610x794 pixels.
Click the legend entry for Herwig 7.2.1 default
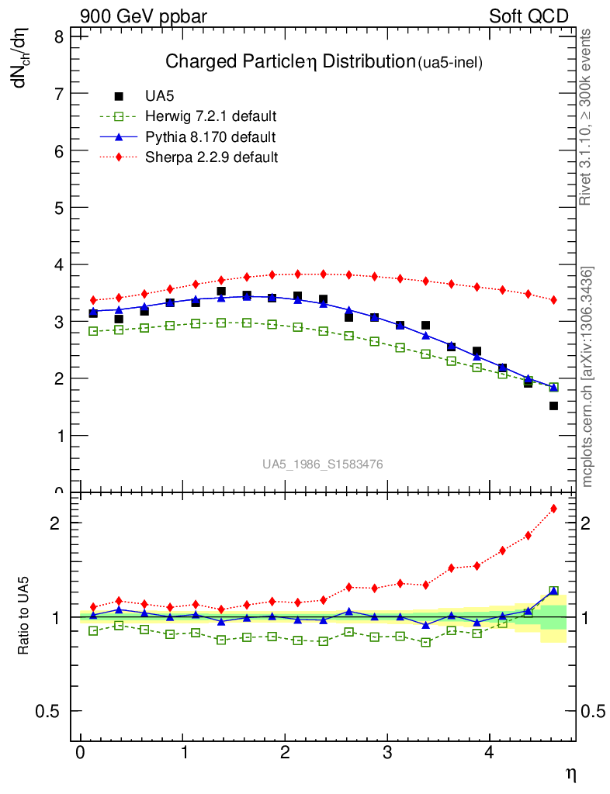pos(210,117)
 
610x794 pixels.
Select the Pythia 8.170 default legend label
pos(210,137)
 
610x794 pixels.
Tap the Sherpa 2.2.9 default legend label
pos(211,157)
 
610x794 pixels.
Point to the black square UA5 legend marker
pos(119,97)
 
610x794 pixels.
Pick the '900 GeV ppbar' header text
pos(144,16)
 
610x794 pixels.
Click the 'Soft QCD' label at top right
pos(529,16)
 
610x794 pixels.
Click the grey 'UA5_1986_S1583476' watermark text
pos(322,464)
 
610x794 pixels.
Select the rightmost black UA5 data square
pos(553,406)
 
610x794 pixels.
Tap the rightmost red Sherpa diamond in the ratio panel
pos(553,509)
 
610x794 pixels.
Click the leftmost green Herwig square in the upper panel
pos(93,331)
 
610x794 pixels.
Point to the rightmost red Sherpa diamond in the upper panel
pos(553,299)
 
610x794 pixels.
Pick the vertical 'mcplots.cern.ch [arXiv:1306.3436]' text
pos(587,377)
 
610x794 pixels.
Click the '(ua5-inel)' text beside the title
pos(450,64)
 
